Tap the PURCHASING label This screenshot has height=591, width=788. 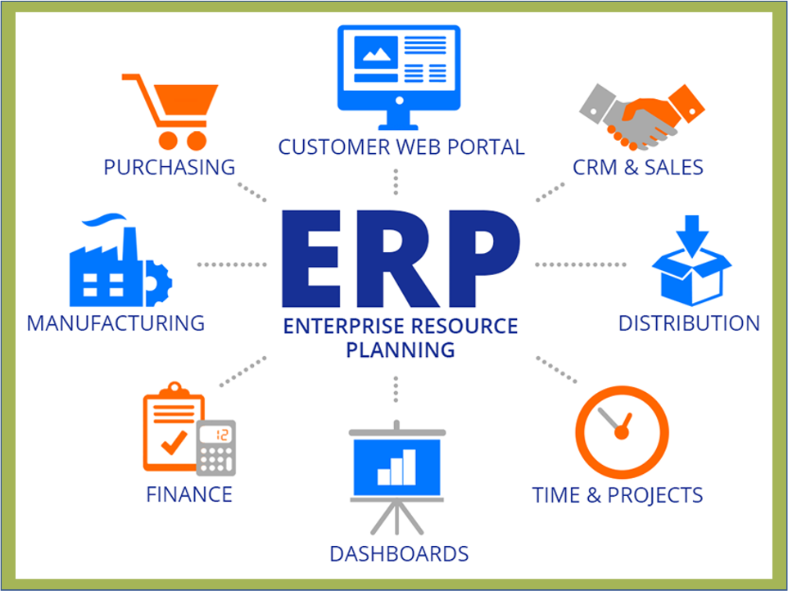click(x=170, y=167)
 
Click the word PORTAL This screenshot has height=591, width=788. click(x=486, y=147)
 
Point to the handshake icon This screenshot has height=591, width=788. click(x=641, y=117)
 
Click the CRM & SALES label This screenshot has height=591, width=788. click(x=638, y=167)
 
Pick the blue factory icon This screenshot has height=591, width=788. click(x=120, y=260)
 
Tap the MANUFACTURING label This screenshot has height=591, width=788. click(x=115, y=323)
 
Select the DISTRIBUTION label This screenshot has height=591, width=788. click(x=689, y=323)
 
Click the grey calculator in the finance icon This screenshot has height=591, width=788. click(x=216, y=448)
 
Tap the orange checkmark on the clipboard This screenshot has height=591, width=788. click(x=174, y=441)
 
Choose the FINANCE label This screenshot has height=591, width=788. click(x=189, y=494)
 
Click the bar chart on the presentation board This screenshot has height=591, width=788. click(x=396, y=467)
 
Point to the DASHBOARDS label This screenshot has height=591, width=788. click(x=399, y=554)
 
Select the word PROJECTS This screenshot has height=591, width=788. click(x=654, y=495)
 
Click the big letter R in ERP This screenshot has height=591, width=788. click(x=397, y=259)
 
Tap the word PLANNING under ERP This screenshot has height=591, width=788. click(x=401, y=350)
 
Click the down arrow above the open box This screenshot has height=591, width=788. click(x=692, y=237)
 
